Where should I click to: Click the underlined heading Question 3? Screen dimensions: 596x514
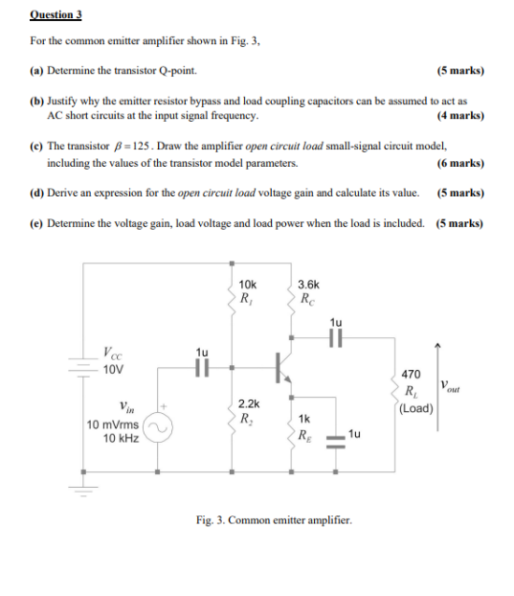tap(56, 15)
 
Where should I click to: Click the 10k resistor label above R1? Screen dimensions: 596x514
tap(247, 285)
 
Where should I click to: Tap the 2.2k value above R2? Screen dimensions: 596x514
tap(247, 406)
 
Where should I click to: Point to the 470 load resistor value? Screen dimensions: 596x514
tap(411, 373)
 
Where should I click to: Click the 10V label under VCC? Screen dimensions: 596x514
tap(113, 368)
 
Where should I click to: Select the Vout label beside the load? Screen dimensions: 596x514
tap(450, 387)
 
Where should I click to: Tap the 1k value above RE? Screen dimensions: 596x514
tap(303, 420)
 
